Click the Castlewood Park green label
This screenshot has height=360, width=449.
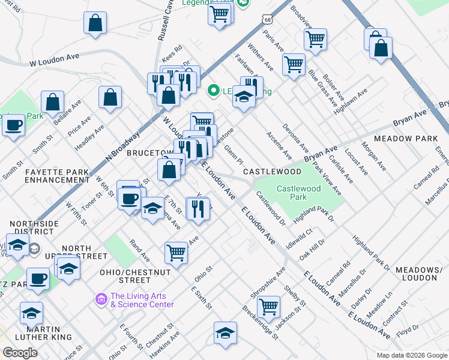(x=298, y=193)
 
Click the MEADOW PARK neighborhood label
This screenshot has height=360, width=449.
(x=406, y=139)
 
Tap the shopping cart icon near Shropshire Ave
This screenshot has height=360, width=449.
(x=269, y=307)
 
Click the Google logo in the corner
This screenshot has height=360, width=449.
(x=20, y=352)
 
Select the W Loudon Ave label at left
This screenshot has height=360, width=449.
(x=55, y=61)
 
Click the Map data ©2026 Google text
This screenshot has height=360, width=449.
(x=412, y=355)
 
